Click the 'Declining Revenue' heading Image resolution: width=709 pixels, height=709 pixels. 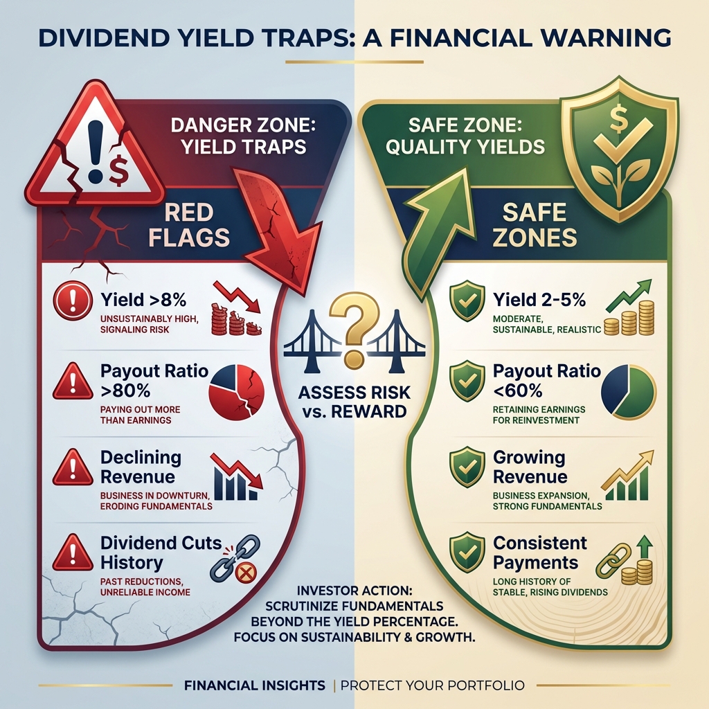pyautogui.click(x=141, y=467)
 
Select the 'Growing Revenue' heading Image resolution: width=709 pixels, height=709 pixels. pyautogui.click(x=530, y=467)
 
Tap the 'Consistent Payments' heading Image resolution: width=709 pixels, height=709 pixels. pyautogui.click(x=539, y=552)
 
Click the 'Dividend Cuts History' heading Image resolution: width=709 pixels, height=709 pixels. pyautogui.click(x=150, y=552)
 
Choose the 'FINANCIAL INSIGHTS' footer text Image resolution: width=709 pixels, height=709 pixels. pyautogui.click(x=255, y=685)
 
